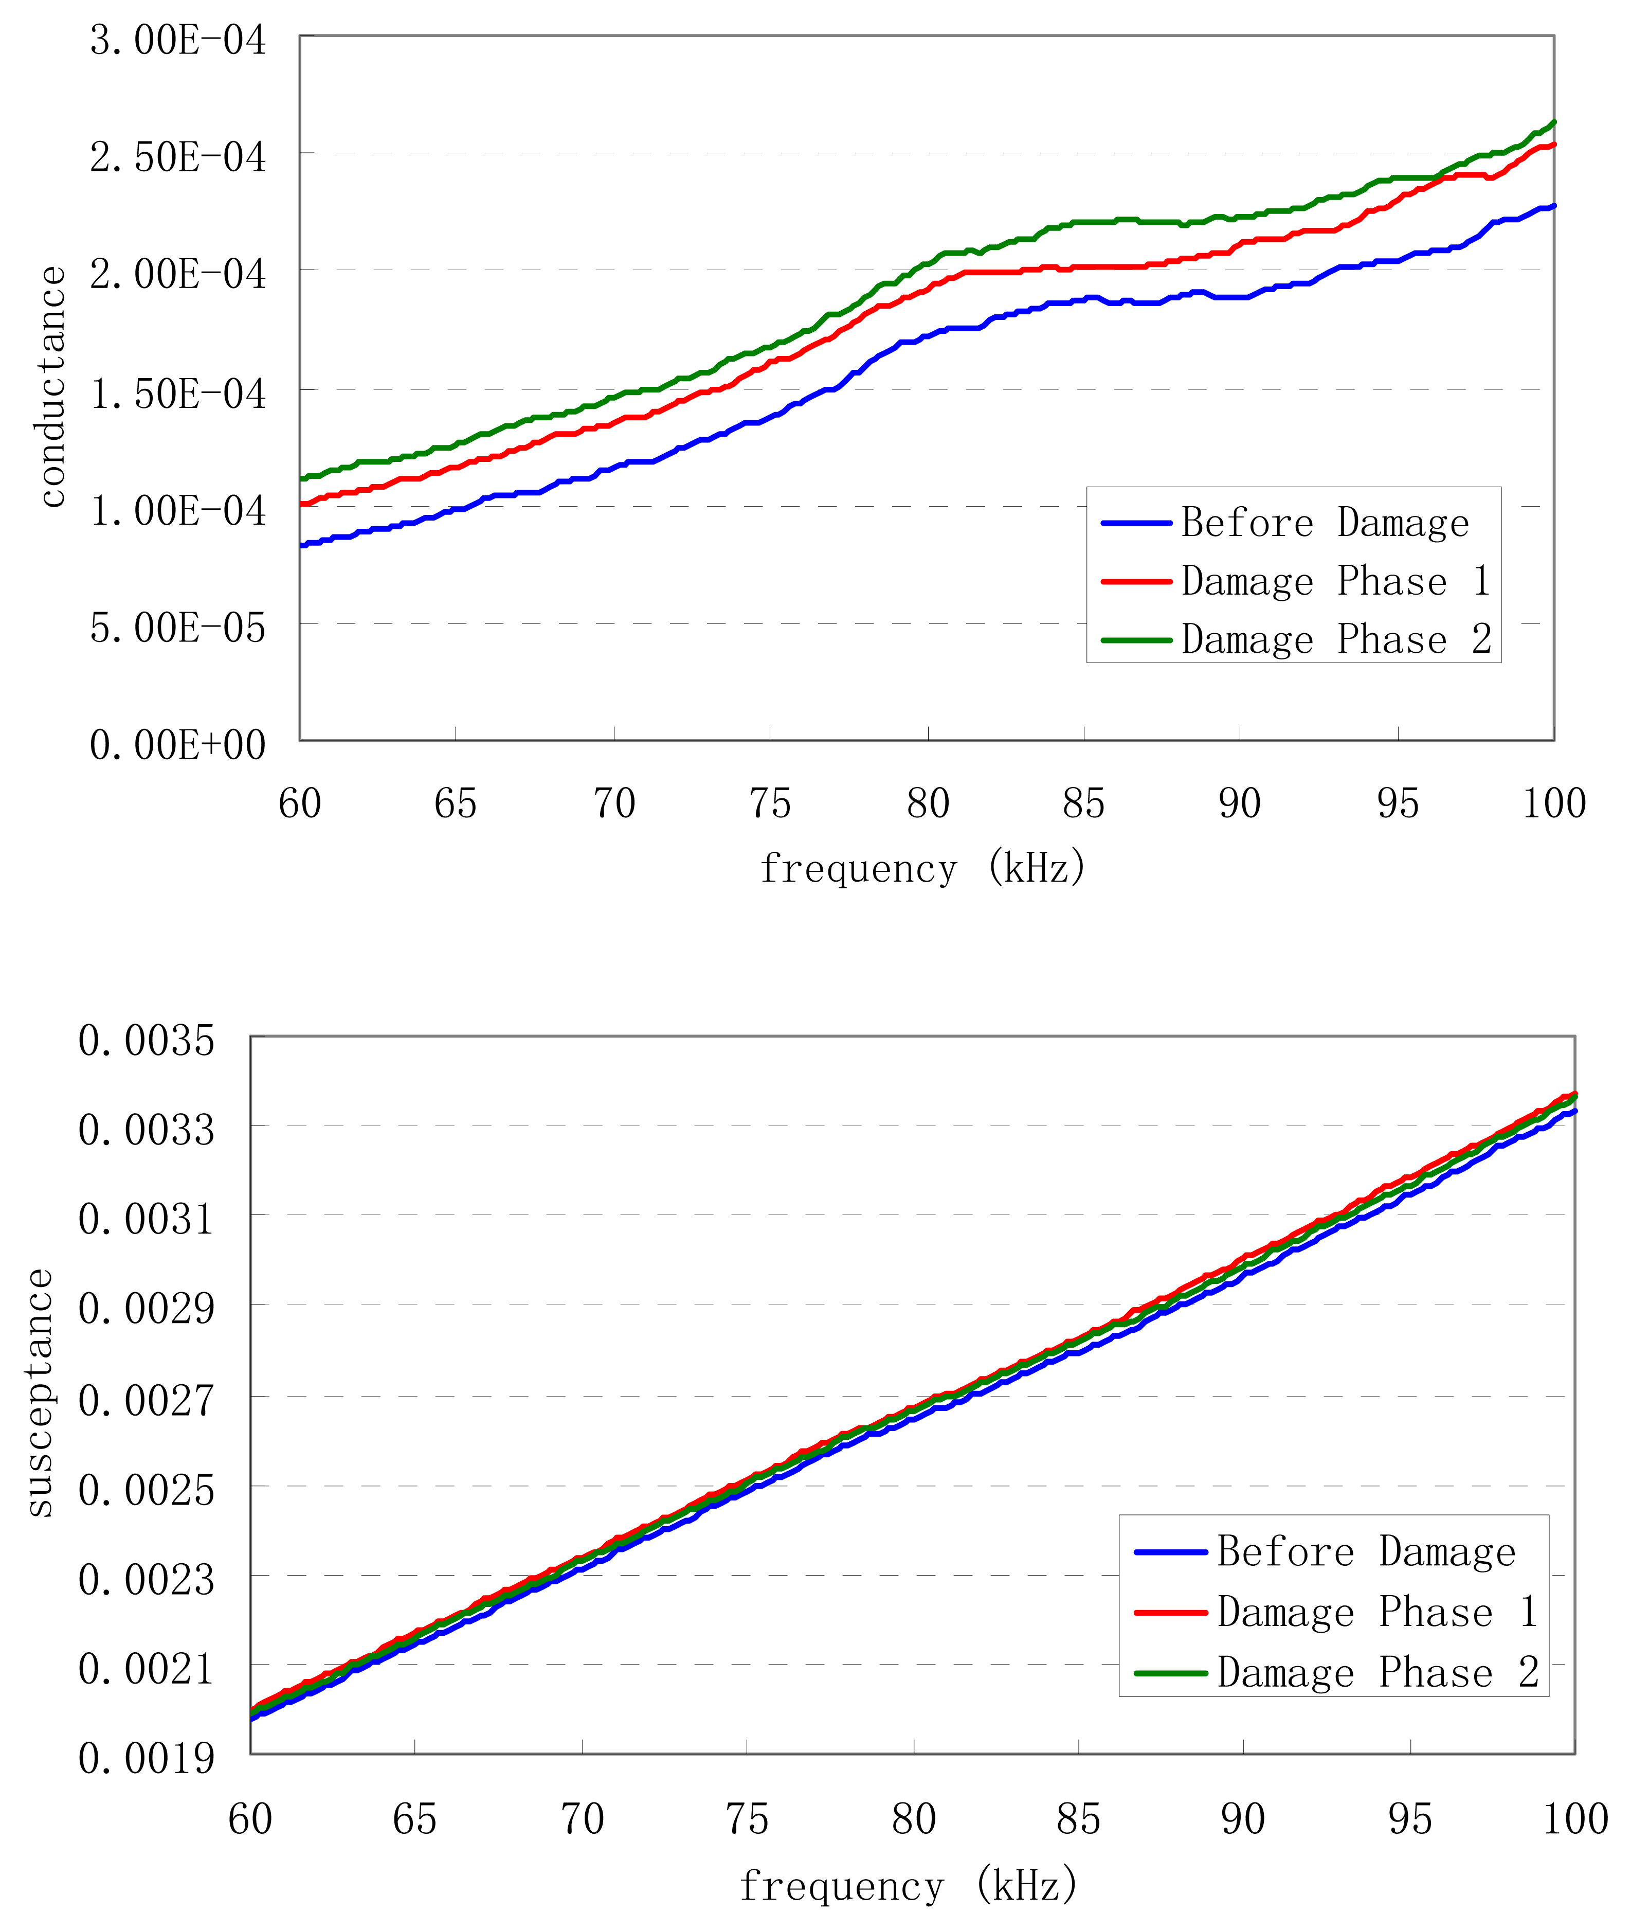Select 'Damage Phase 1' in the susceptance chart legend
click(1376, 1612)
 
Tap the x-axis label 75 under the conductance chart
click(770, 803)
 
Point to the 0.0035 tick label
click(146, 1041)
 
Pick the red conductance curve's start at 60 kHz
click(302, 504)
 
